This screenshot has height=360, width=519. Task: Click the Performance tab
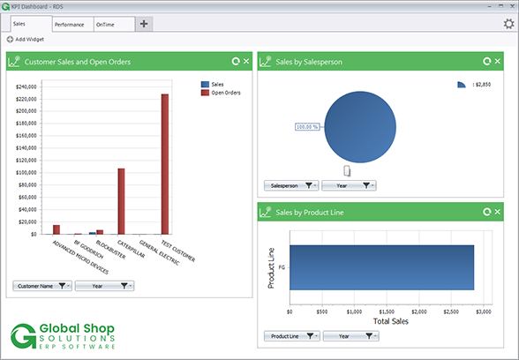pos(70,25)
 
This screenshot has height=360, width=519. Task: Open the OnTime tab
pos(106,25)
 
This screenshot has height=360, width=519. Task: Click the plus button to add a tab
pos(144,24)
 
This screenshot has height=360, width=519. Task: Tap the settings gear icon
pos(508,24)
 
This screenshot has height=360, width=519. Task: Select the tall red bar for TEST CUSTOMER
pos(164,163)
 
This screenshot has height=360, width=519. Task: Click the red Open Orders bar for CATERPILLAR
pos(121,201)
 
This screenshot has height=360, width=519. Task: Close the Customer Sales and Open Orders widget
pos(246,62)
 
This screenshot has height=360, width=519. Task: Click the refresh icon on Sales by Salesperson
pos(487,62)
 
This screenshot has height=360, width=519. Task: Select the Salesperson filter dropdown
pos(291,185)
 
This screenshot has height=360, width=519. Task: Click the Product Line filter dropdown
pos(291,336)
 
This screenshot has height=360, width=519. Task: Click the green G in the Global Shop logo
pos(24,336)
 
